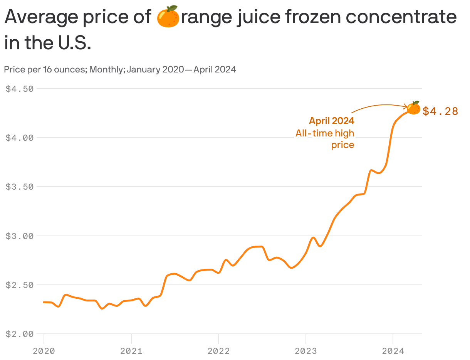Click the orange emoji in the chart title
click(x=168, y=17)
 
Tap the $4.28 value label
click(x=440, y=111)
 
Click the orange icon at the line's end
click(x=414, y=108)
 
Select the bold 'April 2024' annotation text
click(x=331, y=121)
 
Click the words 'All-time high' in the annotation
click(x=325, y=133)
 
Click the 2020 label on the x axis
click(x=44, y=351)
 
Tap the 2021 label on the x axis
click(x=131, y=351)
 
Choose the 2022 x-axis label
click(x=218, y=351)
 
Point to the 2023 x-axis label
click(x=305, y=351)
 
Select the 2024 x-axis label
click(x=393, y=351)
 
